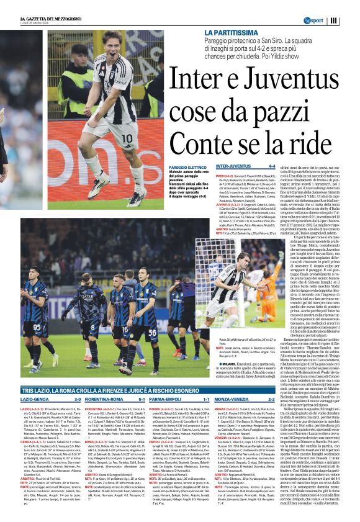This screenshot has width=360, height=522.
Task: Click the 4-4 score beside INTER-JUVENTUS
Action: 271,167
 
